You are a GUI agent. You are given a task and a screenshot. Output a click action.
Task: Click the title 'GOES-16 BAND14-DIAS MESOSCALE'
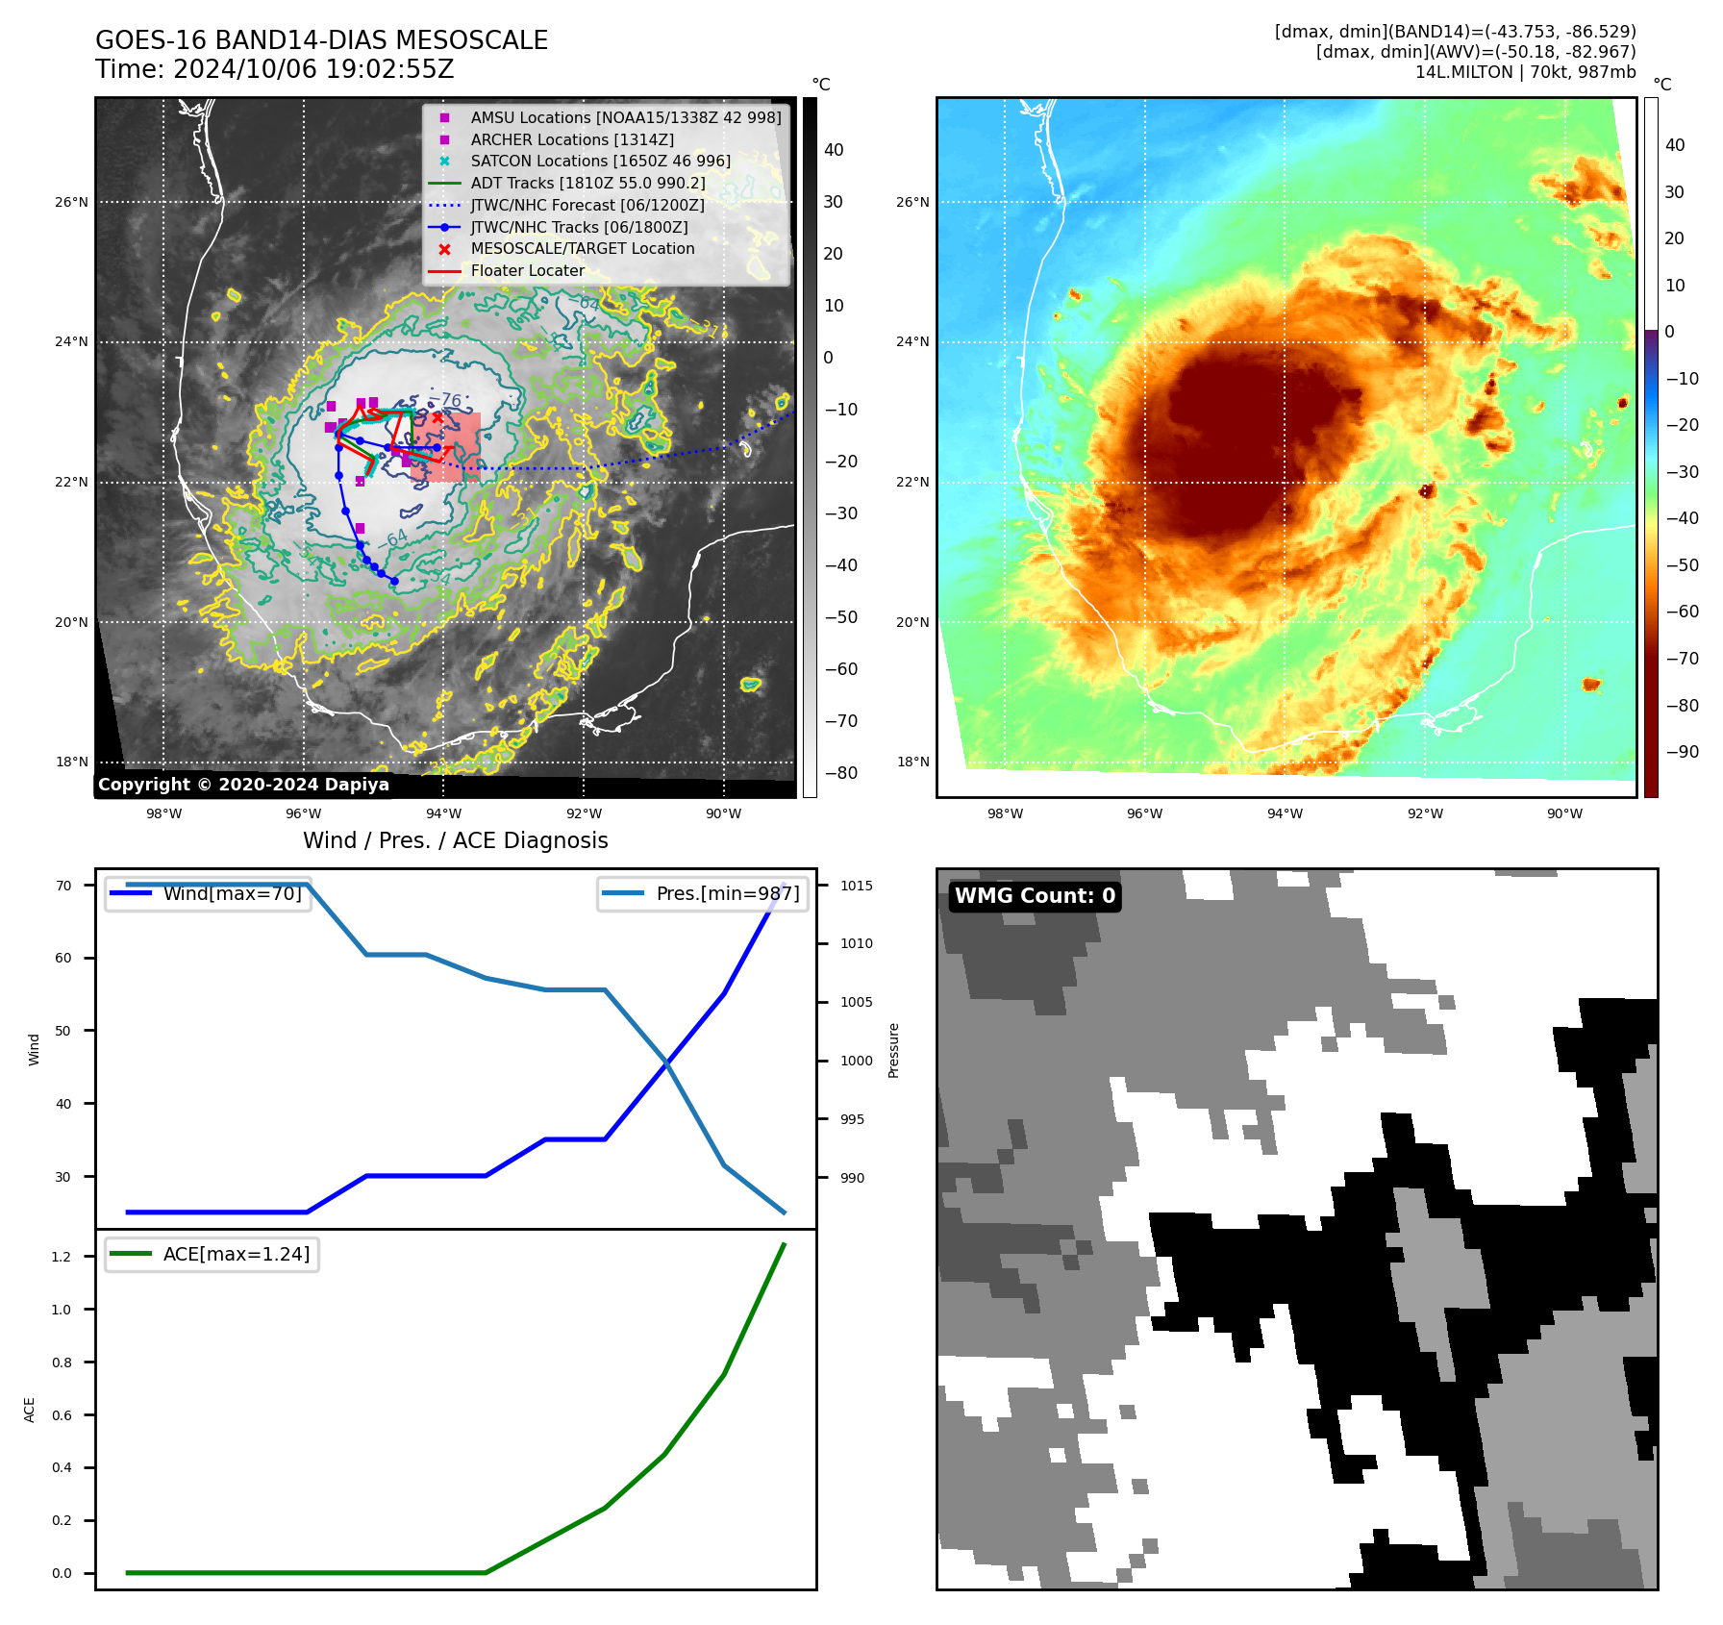click(321, 40)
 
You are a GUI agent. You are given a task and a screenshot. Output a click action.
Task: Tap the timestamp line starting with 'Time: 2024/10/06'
click(274, 69)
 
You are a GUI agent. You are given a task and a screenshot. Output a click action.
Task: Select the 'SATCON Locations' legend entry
click(600, 162)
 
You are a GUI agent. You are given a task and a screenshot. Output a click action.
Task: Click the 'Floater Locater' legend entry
click(527, 271)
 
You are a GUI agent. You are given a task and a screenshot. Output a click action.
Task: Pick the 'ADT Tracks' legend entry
click(587, 183)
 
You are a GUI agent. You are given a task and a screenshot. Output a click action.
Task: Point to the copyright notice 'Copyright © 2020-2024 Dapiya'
click(243, 785)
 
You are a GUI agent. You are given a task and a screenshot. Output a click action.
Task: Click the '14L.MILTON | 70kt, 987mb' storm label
click(1525, 72)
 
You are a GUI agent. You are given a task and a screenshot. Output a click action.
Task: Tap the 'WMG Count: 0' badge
click(1035, 896)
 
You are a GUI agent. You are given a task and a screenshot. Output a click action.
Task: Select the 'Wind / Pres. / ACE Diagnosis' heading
click(456, 840)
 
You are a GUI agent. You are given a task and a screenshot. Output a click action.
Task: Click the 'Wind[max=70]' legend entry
click(232, 893)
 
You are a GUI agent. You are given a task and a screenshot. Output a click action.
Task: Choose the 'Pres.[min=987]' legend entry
click(727, 893)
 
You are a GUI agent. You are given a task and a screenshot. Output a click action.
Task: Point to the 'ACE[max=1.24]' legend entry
click(236, 1255)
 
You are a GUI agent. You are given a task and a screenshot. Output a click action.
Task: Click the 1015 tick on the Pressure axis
click(856, 886)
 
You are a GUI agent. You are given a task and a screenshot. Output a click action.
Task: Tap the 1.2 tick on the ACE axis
click(62, 1257)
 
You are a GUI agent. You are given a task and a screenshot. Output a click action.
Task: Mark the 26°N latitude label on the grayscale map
click(71, 203)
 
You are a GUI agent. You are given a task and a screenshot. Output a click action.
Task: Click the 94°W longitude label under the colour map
click(1285, 813)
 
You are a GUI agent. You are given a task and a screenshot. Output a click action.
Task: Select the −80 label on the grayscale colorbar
click(840, 773)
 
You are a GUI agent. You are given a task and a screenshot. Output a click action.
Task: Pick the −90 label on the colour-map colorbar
click(1682, 752)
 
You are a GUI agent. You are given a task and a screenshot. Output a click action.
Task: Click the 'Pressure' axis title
click(894, 1050)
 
